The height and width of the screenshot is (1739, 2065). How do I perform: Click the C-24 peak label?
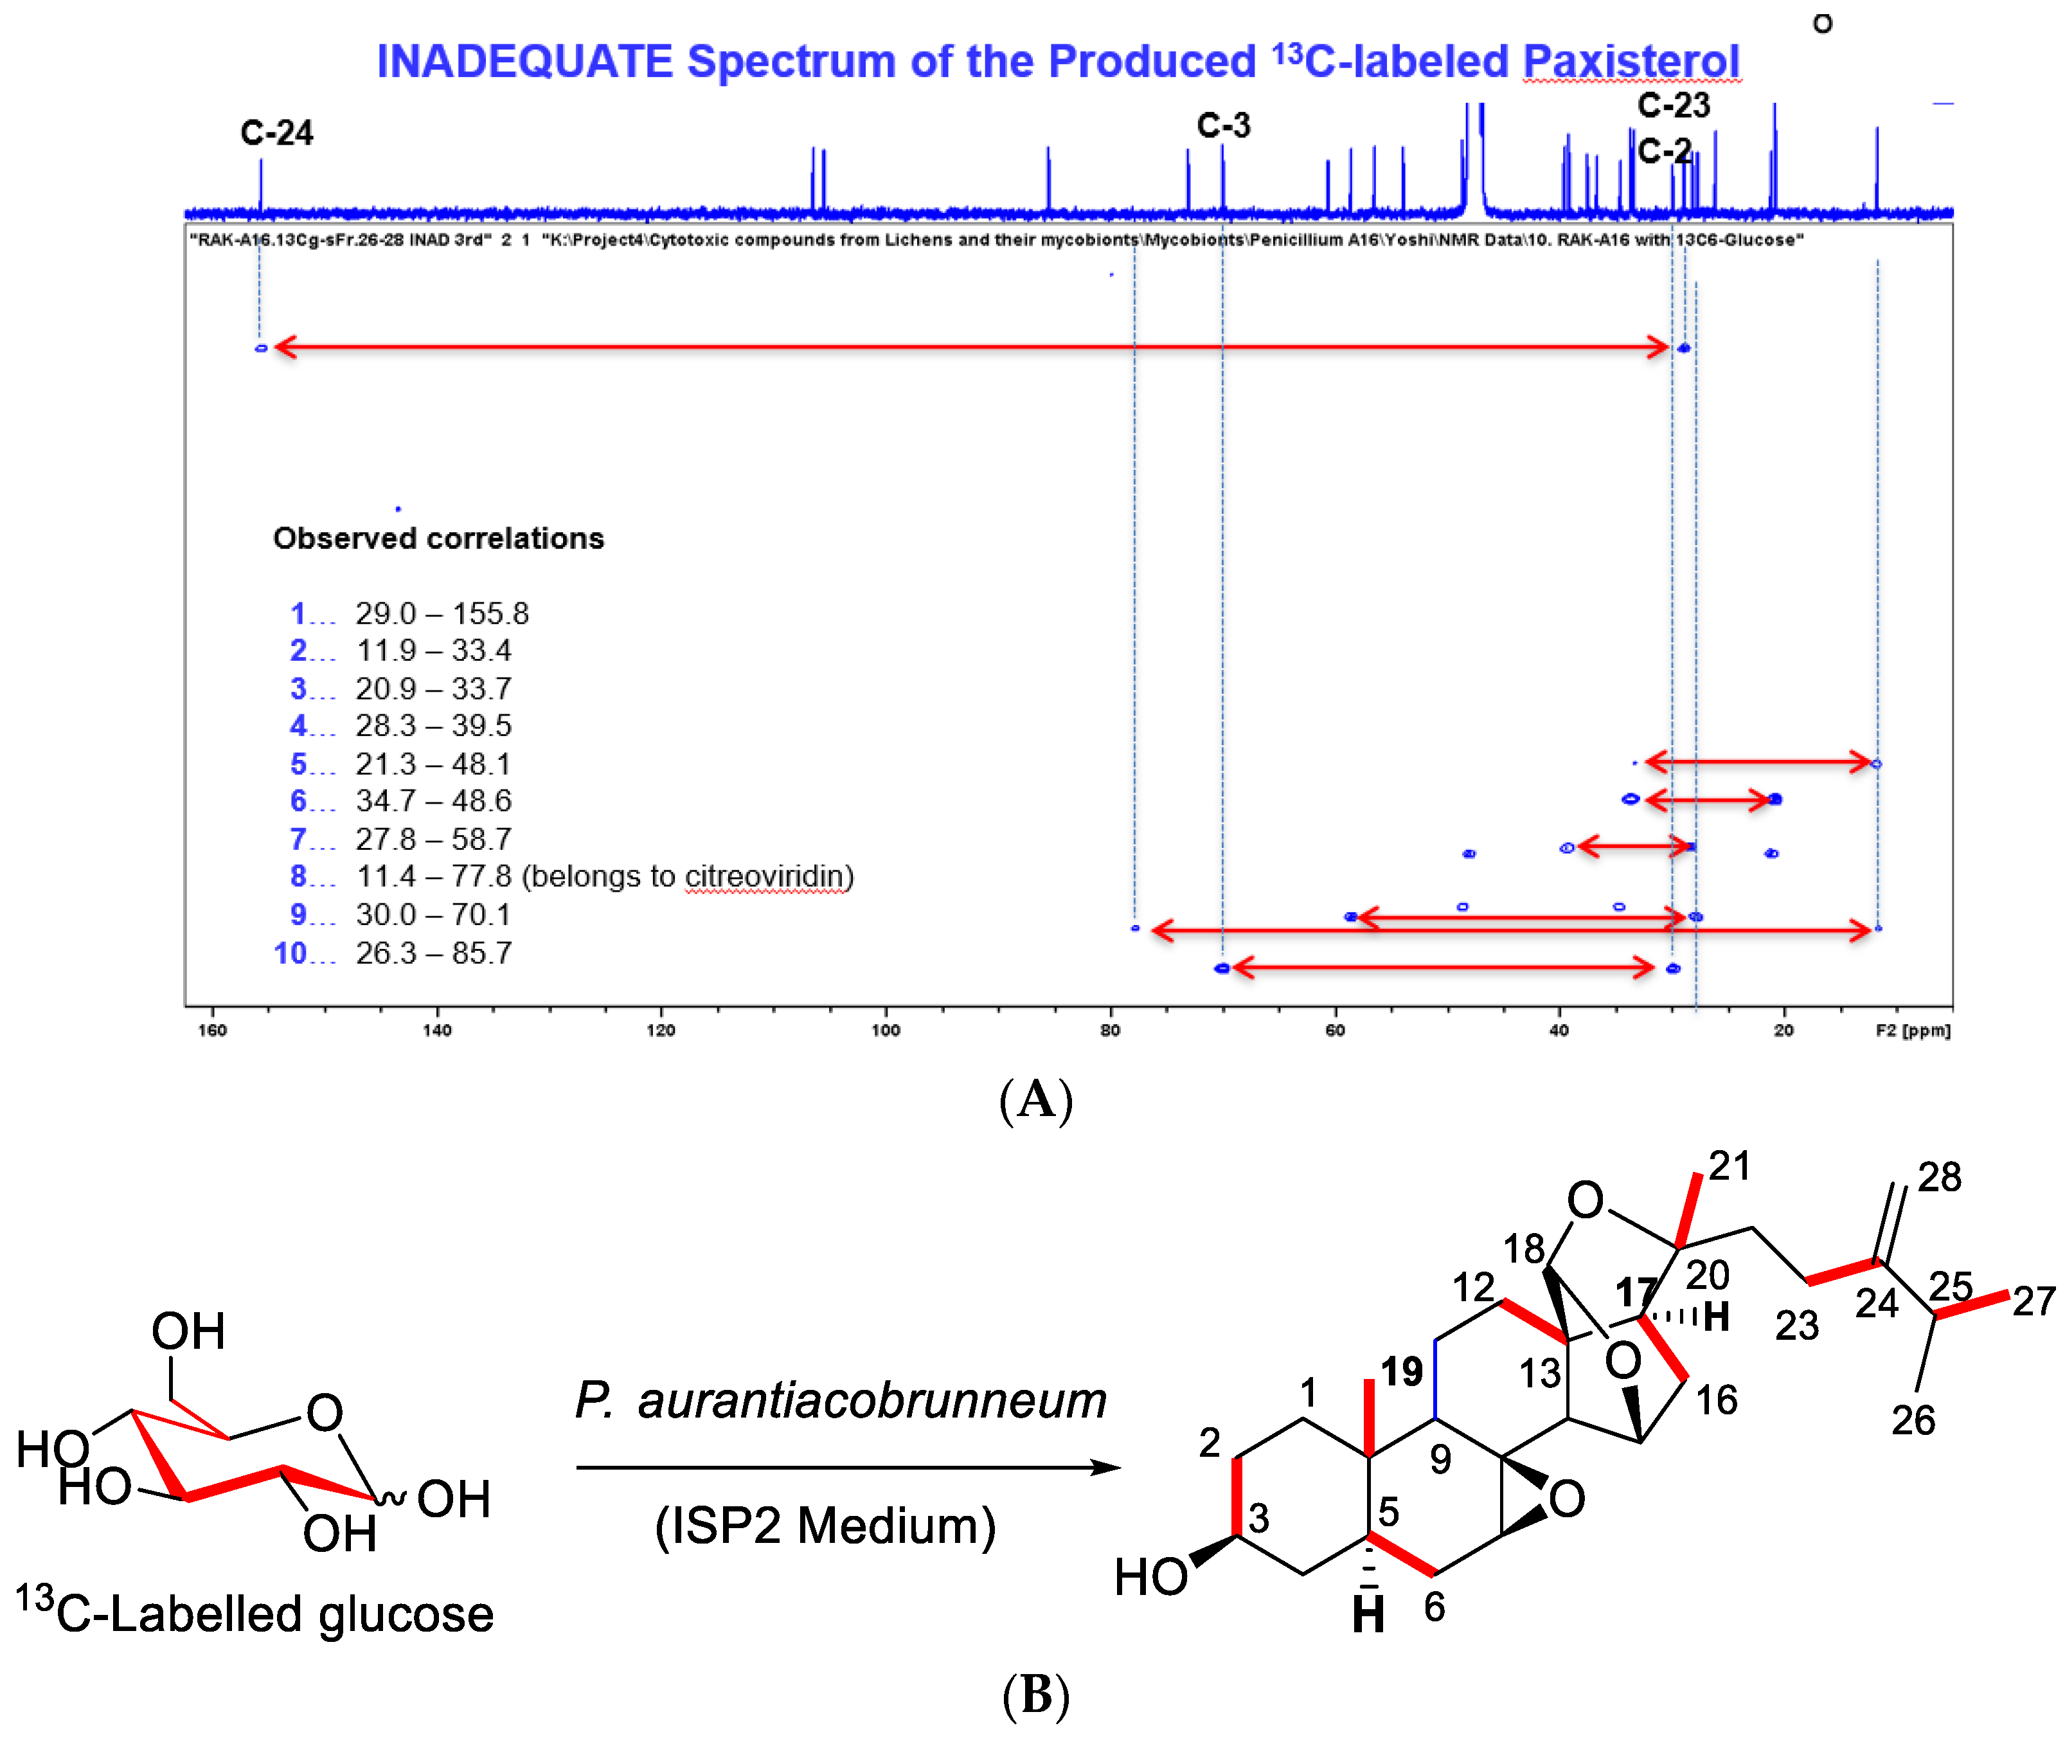click(x=276, y=133)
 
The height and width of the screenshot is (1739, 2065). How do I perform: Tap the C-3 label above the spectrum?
click(x=1222, y=126)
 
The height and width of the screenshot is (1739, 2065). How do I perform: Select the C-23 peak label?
click(x=1673, y=105)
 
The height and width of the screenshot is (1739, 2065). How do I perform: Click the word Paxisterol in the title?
click(x=1631, y=62)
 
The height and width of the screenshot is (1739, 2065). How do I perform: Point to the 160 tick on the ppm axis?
click(x=213, y=1030)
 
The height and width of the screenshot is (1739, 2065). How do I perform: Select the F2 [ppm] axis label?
click(x=1911, y=1030)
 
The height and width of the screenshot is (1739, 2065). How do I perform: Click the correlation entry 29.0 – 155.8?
click(x=442, y=613)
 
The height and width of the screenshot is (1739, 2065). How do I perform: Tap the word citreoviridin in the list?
click(x=766, y=876)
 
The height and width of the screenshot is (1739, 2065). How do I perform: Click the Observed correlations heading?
click(x=438, y=538)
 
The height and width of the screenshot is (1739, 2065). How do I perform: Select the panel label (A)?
click(x=1034, y=1099)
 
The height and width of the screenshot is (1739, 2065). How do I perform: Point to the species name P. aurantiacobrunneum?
click(x=840, y=1400)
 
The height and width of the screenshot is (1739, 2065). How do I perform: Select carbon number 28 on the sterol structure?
click(x=1938, y=1177)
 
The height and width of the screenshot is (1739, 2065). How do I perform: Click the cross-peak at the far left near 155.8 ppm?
click(x=261, y=348)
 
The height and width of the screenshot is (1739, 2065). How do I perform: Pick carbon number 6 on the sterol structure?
click(x=1433, y=1607)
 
